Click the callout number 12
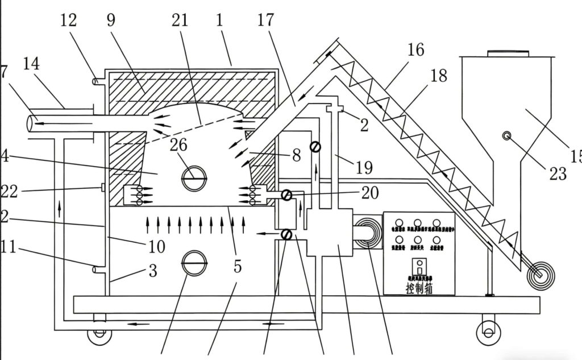coord(69,21)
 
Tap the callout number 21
coord(179,21)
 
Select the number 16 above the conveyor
coord(415,50)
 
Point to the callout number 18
coord(439,75)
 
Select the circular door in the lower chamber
coord(194,263)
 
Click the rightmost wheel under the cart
coord(487,328)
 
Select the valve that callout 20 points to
coord(288,195)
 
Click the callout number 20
coord(370,193)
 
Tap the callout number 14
coord(31,64)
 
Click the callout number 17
coord(265,22)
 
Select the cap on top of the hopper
coord(508,53)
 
